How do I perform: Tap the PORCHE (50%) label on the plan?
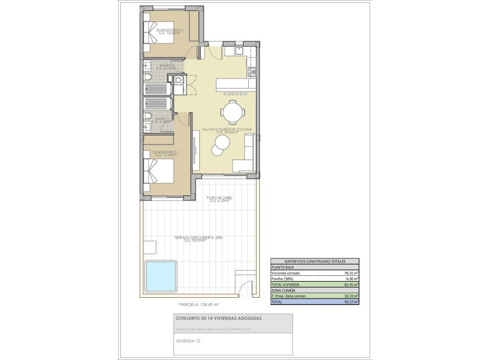click(219, 198)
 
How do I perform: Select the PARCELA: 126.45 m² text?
click(199, 304)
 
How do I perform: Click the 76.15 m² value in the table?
click(350, 273)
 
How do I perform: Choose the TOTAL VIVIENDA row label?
click(286, 285)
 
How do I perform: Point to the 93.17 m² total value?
click(350, 301)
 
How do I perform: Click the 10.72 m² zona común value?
click(350, 295)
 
